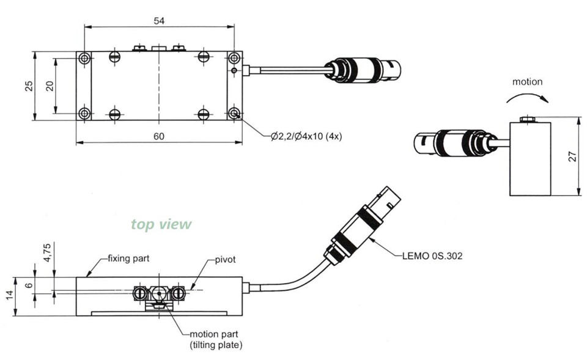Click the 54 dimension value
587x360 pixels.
[x=159, y=20]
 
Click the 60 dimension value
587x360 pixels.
[x=159, y=136]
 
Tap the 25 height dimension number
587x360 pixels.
[x=28, y=86]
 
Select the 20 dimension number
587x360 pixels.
[x=50, y=86]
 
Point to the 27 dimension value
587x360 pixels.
[x=572, y=156]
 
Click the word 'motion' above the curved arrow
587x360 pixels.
[x=527, y=81]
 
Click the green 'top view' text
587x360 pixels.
[x=161, y=224]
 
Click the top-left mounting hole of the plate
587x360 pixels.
[x=84, y=58]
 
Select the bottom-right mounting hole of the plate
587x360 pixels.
[x=234, y=113]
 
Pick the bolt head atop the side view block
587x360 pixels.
[x=527, y=119]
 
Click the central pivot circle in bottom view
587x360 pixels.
[x=159, y=293]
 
